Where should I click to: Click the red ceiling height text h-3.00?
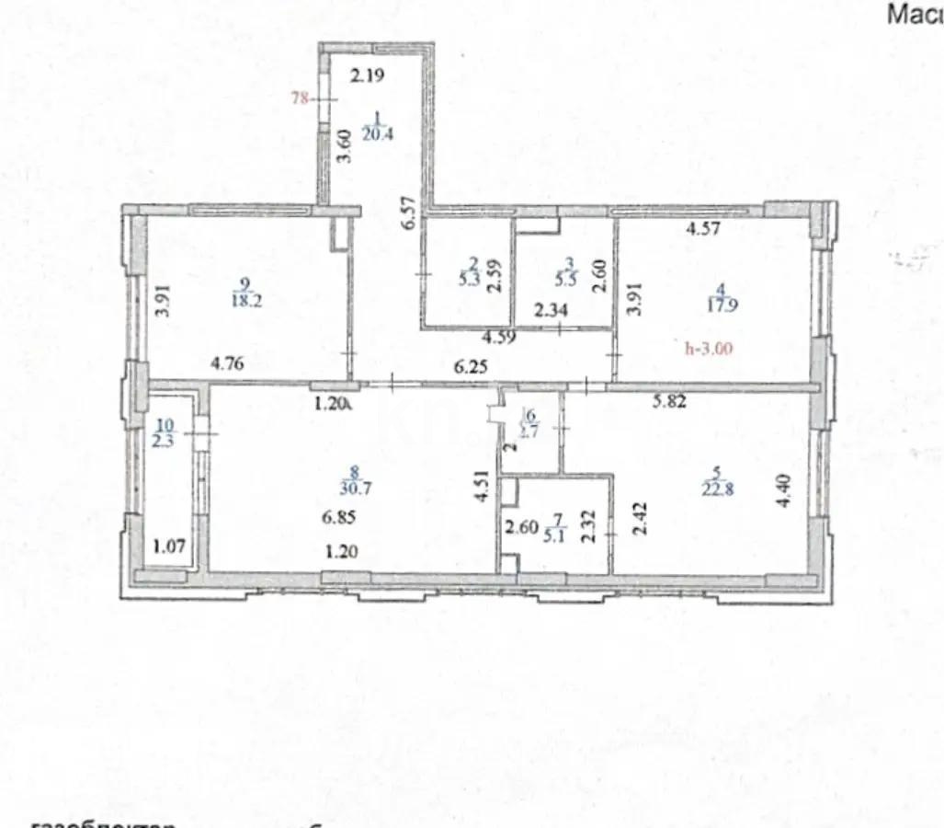pos(711,349)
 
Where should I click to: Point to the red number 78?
pos(300,98)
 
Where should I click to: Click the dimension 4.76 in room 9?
pos(227,362)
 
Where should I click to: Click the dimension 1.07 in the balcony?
pos(169,546)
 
